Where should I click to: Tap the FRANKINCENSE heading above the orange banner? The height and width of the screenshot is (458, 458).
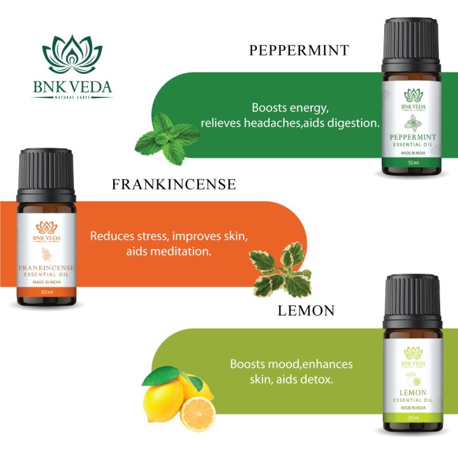(x=174, y=184)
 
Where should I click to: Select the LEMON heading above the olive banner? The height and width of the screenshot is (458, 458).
(x=306, y=311)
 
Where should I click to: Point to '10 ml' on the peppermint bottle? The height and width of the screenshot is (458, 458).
(x=412, y=163)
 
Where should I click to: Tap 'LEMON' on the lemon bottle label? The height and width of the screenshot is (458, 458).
(x=414, y=393)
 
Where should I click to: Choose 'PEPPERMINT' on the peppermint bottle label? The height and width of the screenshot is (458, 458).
(x=413, y=137)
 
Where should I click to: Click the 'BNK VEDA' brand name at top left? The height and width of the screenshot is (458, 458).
(x=72, y=86)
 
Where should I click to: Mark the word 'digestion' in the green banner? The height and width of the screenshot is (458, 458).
(x=354, y=122)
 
